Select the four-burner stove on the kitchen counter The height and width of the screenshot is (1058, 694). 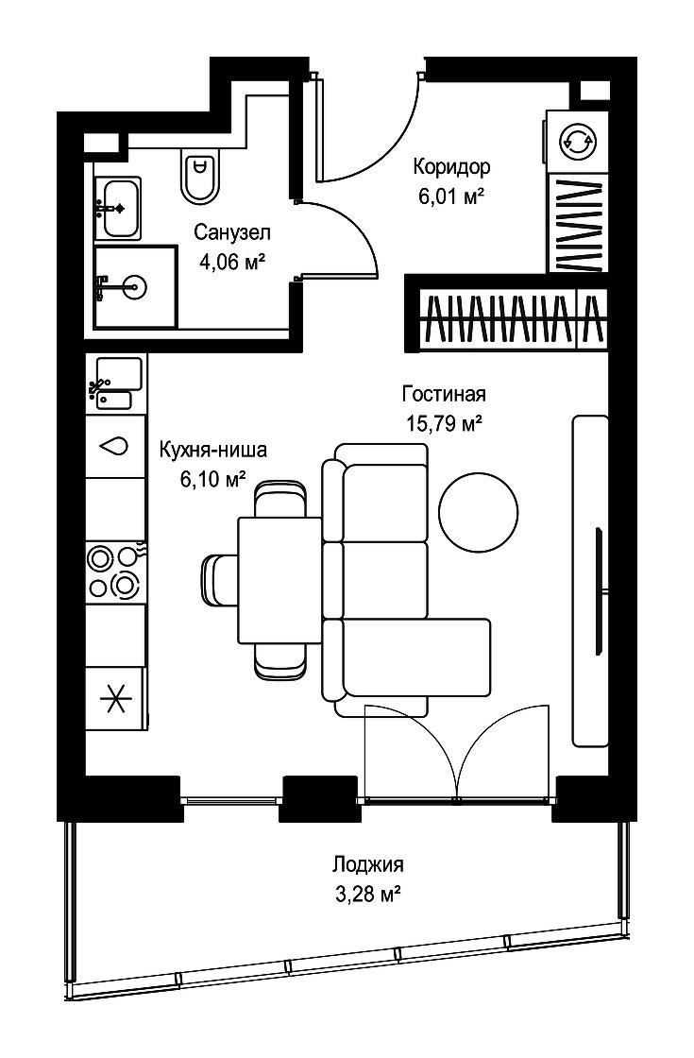click(x=115, y=572)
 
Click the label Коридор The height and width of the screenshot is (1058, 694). click(x=451, y=165)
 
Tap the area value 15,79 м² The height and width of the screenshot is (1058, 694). click(x=444, y=423)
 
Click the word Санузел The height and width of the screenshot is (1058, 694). click(x=232, y=232)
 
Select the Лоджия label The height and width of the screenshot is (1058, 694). click(x=368, y=863)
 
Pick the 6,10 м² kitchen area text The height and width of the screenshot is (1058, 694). click(x=212, y=479)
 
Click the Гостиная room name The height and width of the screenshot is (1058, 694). click(x=444, y=393)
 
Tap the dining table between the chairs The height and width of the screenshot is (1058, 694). click(x=279, y=580)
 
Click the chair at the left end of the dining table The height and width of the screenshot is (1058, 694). click(x=220, y=579)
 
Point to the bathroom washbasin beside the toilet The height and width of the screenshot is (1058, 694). click(x=117, y=209)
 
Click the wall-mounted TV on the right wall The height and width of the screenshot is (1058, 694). click(x=599, y=591)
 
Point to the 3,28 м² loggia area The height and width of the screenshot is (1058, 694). click(x=369, y=896)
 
